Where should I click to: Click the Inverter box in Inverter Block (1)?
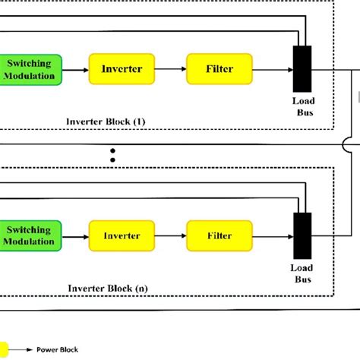(x=122, y=69)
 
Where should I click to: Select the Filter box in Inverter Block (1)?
(x=219, y=69)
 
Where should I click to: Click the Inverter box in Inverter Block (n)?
(x=122, y=235)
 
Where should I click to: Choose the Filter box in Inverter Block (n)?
(x=219, y=235)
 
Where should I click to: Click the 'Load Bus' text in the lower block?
(x=302, y=273)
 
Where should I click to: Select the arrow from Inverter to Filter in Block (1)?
(x=170, y=69)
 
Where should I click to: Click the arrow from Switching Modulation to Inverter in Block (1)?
(x=74, y=69)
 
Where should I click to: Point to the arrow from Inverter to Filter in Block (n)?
(x=170, y=235)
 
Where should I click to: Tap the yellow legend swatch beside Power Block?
(x=4, y=350)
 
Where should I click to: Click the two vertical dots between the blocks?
(x=112, y=155)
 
